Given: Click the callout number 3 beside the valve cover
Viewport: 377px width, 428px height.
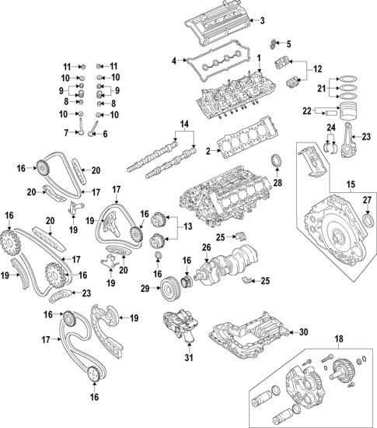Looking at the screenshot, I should pos(262,20).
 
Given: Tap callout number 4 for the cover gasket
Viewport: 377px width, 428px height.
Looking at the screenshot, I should pos(174,59).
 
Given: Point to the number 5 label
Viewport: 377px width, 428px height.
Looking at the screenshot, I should pos(288,43).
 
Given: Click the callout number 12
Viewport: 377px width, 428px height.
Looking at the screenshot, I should pos(316,70).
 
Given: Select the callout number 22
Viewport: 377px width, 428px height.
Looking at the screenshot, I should pos(306,111).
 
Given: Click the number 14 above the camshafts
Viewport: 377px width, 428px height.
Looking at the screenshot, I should pos(184,125).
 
